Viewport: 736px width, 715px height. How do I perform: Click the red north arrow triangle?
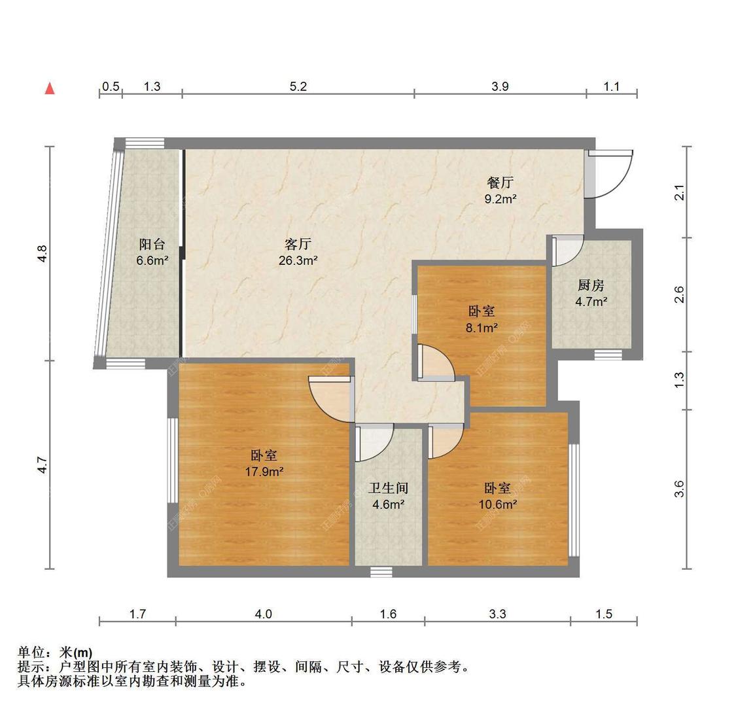(49, 88)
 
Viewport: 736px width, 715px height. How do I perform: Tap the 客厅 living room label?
(298, 244)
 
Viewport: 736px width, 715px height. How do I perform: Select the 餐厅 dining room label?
(500, 183)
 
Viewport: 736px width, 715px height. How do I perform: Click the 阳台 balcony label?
(152, 244)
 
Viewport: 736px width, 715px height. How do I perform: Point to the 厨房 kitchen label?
(591, 285)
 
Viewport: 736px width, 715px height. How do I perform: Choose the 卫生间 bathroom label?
(389, 488)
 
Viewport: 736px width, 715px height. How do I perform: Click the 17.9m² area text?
(264, 471)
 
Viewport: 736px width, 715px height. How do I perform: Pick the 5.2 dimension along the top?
(298, 86)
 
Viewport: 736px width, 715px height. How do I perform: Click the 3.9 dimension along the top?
(500, 86)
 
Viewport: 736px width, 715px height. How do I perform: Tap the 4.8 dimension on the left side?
(42, 253)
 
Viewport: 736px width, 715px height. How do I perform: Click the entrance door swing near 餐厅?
(612, 173)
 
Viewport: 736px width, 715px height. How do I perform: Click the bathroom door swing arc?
(376, 442)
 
